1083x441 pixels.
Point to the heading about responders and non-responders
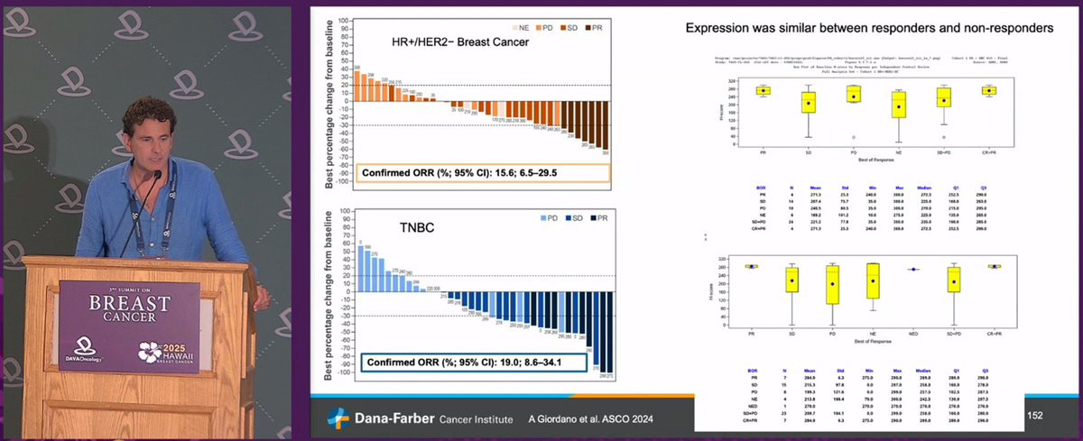coord(869,29)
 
